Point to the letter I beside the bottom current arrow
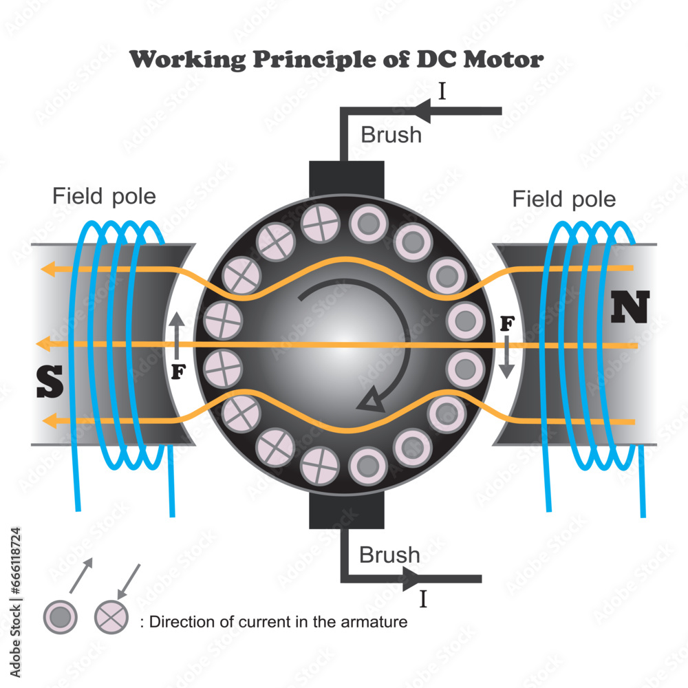(423, 599)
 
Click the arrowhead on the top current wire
(424, 111)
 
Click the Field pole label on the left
(105, 197)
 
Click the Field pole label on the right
(564, 200)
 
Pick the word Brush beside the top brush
(391, 135)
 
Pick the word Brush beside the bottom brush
(389, 555)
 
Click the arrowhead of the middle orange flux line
(45, 342)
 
